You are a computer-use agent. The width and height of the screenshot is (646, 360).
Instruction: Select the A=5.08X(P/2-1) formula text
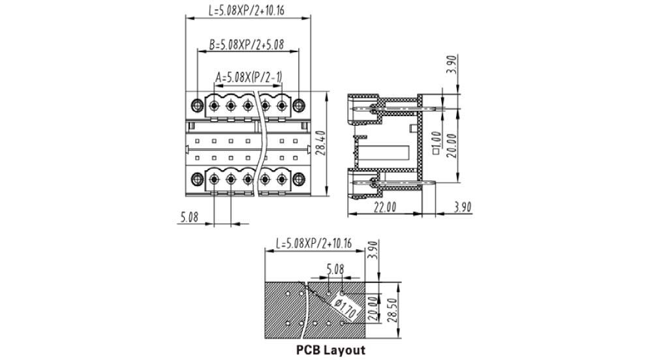pyautogui.click(x=249, y=78)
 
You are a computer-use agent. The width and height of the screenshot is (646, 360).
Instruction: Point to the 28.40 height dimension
pyautogui.click(x=320, y=143)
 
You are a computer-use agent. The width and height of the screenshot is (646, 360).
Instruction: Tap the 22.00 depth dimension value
pyautogui.click(x=385, y=207)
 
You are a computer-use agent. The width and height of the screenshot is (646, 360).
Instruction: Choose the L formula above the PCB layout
pyautogui.click(x=314, y=244)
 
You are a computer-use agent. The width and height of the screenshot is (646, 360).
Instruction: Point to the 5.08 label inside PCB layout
pyautogui.click(x=335, y=268)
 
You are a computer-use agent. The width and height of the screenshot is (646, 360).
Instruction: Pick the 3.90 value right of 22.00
pyautogui.click(x=462, y=207)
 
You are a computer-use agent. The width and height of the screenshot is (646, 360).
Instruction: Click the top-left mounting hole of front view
pyautogui.click(x=198, y=105)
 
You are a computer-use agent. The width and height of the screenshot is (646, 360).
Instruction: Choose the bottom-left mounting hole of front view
pyautogui.click(x=198, y=177)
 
